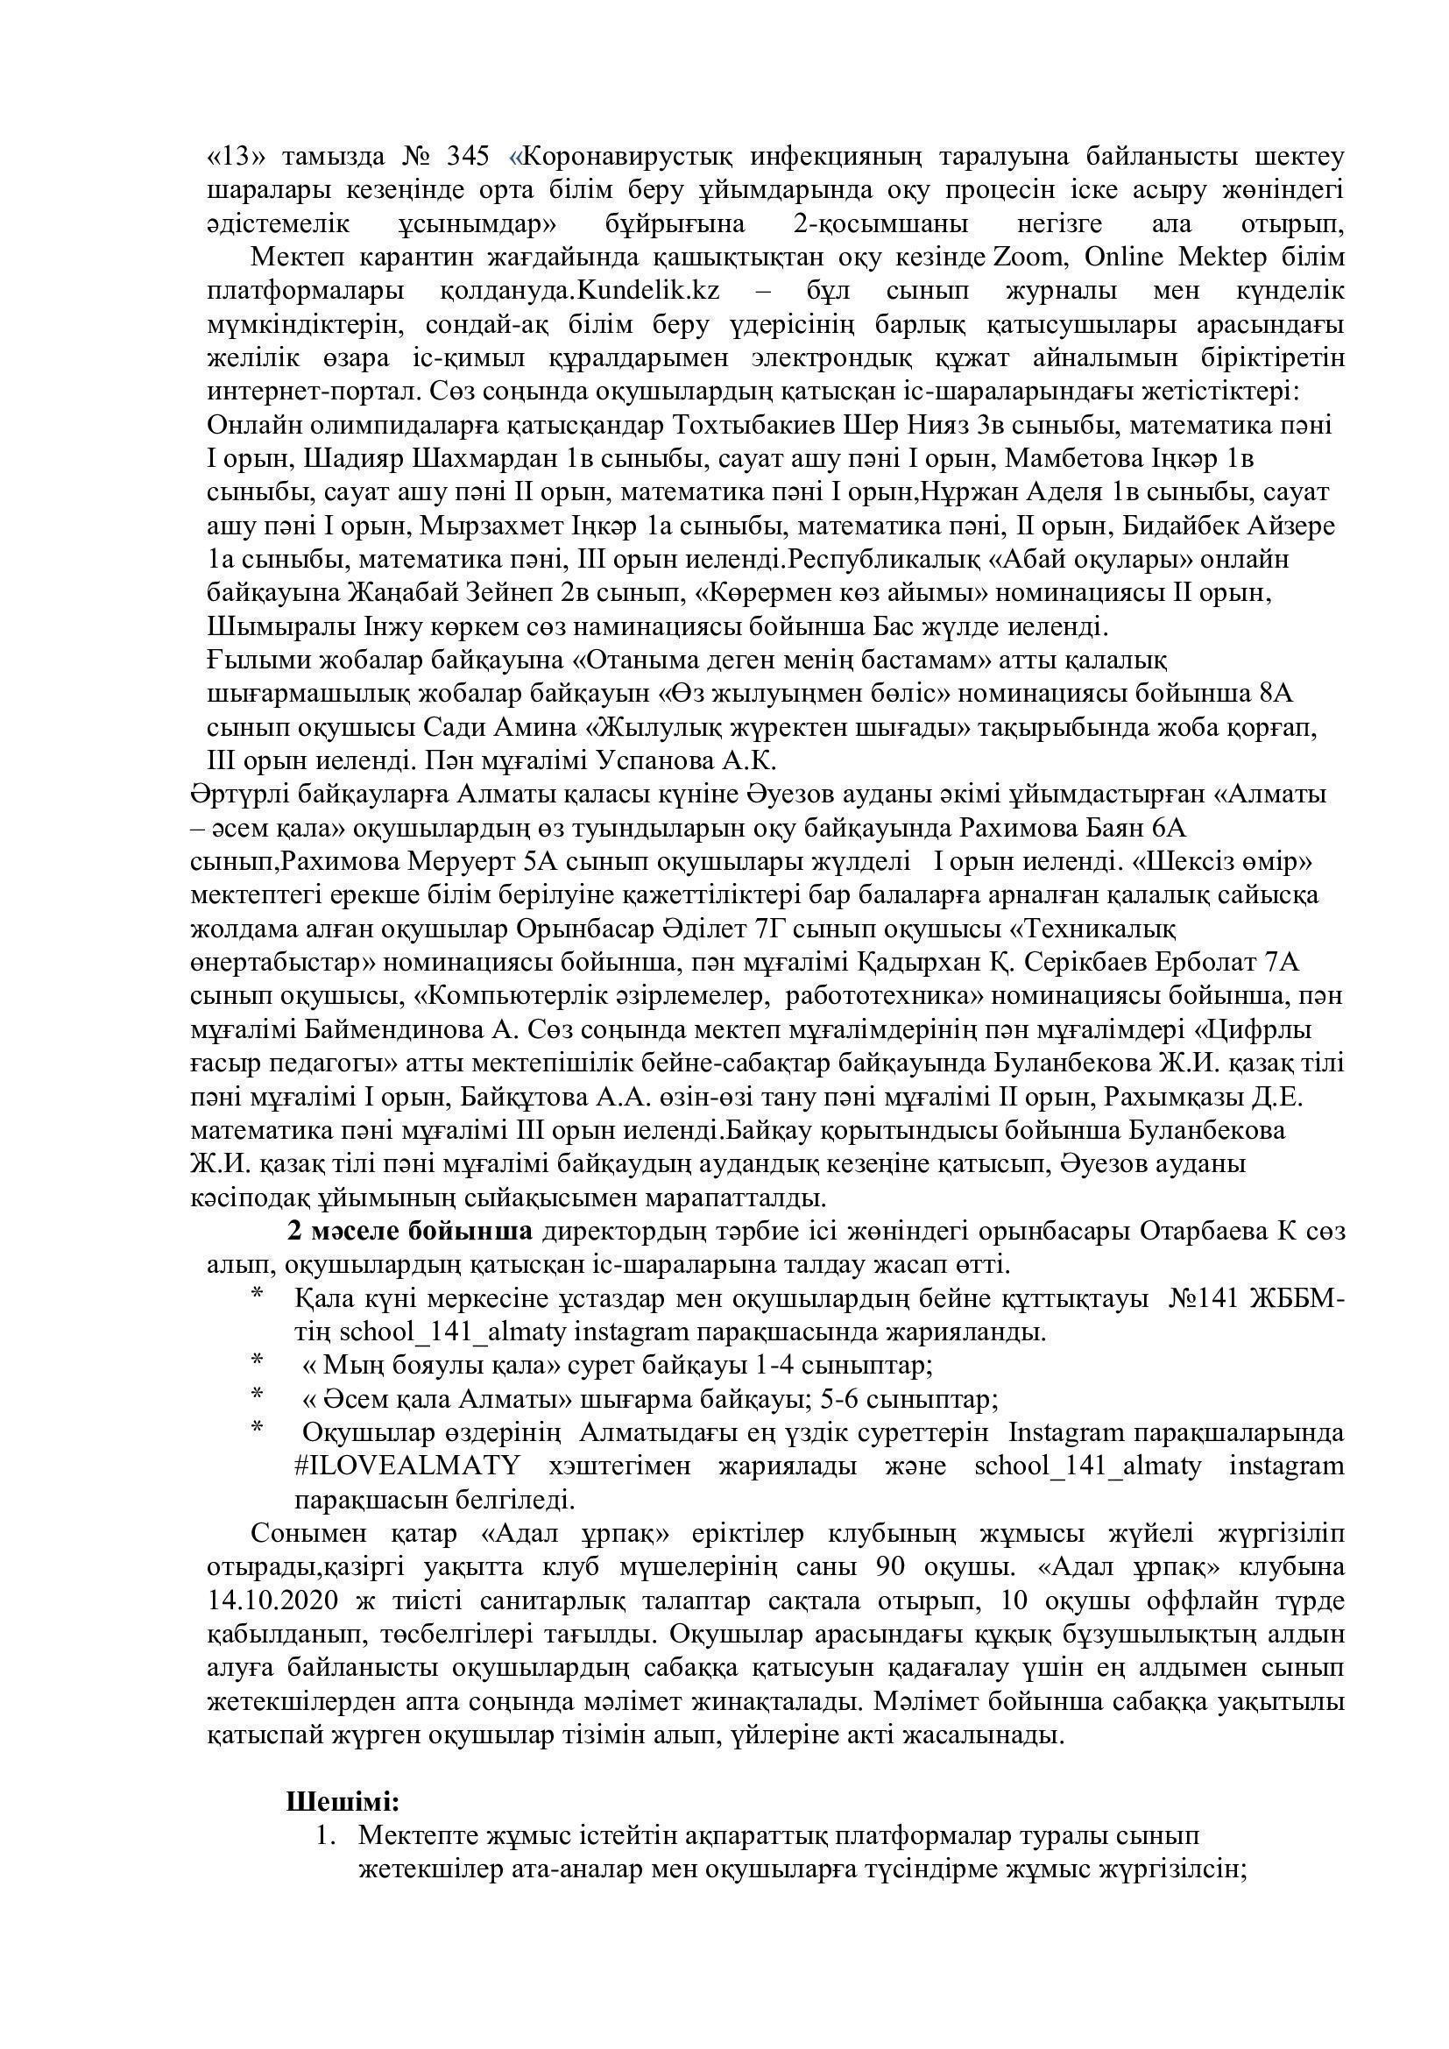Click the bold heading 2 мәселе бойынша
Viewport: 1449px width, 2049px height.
[x=409, y=1231]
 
